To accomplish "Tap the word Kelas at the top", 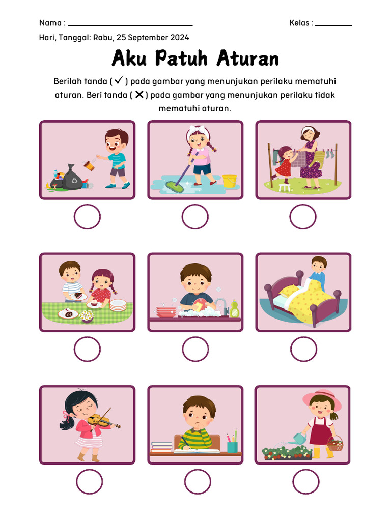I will tap(299, 23).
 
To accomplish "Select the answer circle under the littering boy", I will tap(87, 217).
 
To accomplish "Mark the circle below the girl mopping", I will tap(195, 217).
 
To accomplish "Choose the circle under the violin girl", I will tap(89, 482).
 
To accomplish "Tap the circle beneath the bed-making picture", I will tap(303, 349).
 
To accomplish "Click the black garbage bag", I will tap(72, 178).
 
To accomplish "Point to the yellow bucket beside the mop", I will tap(229, 181).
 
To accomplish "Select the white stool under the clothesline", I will tap(284, 188).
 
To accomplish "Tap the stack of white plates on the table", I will tap(118, 305).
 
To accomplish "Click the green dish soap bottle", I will tap(234, 309).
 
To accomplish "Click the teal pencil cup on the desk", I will tap(232, 446).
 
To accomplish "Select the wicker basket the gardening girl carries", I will tap(335, 445).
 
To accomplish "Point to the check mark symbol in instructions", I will tap(119, 80).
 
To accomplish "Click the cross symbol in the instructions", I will tap(139, 94).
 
